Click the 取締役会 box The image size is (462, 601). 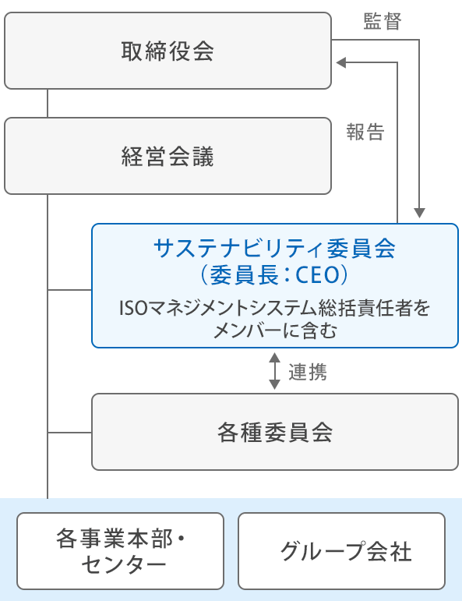[168, 51]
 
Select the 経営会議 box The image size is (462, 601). [168, 156]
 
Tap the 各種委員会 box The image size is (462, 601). [275, 432]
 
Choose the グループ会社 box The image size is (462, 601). [342, 551]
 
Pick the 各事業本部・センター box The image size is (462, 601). [120, 551]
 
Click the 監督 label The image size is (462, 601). [383, 22]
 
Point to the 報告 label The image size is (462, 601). [365, 133]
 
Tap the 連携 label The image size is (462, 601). [308, 372]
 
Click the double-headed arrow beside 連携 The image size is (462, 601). [275, 371]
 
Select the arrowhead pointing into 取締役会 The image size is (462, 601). [341, 62]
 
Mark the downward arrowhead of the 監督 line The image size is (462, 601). [419, 213]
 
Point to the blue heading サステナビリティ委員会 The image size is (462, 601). [275, 249]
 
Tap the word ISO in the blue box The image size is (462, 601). [134, 308]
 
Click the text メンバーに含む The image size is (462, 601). [275, 331]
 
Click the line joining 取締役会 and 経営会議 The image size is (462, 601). [48, 104]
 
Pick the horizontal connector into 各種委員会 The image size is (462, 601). [69, 433]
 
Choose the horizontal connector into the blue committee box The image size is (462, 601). [69, 290]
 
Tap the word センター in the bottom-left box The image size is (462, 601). [124, 564]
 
